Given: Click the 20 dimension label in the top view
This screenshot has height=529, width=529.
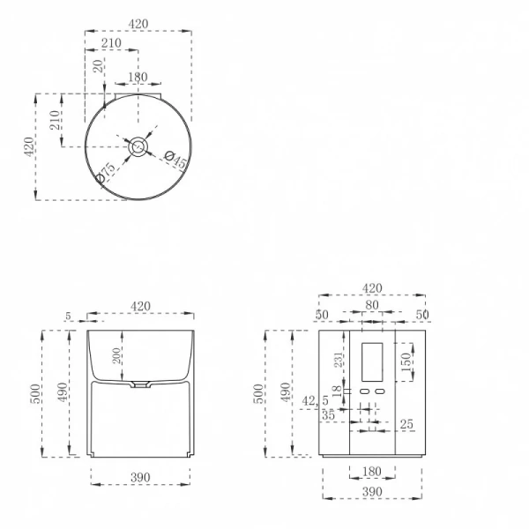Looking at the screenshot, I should click(x=97, y=66).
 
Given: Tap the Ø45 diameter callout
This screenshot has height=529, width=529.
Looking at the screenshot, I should click(x=175, y=160).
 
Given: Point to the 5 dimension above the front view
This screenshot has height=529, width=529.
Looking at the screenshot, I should click(x=68, y=315).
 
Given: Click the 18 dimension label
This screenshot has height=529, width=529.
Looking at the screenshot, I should click(x=335, y=391).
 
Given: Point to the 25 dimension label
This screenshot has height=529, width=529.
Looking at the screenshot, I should click(x=406, y=425).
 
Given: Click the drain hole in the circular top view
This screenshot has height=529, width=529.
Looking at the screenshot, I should click(x=138, y=147).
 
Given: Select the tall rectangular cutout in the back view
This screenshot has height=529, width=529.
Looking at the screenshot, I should click(x=372, y=361).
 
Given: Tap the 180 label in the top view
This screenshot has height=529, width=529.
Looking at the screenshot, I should click(x=138, y=77).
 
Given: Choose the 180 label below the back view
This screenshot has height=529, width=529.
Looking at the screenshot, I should click(x=371, y=473).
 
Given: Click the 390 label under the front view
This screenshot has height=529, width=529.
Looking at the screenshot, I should click(x=140, y=477).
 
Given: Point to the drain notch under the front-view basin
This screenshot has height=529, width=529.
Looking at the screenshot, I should click(x=141, y=384).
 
